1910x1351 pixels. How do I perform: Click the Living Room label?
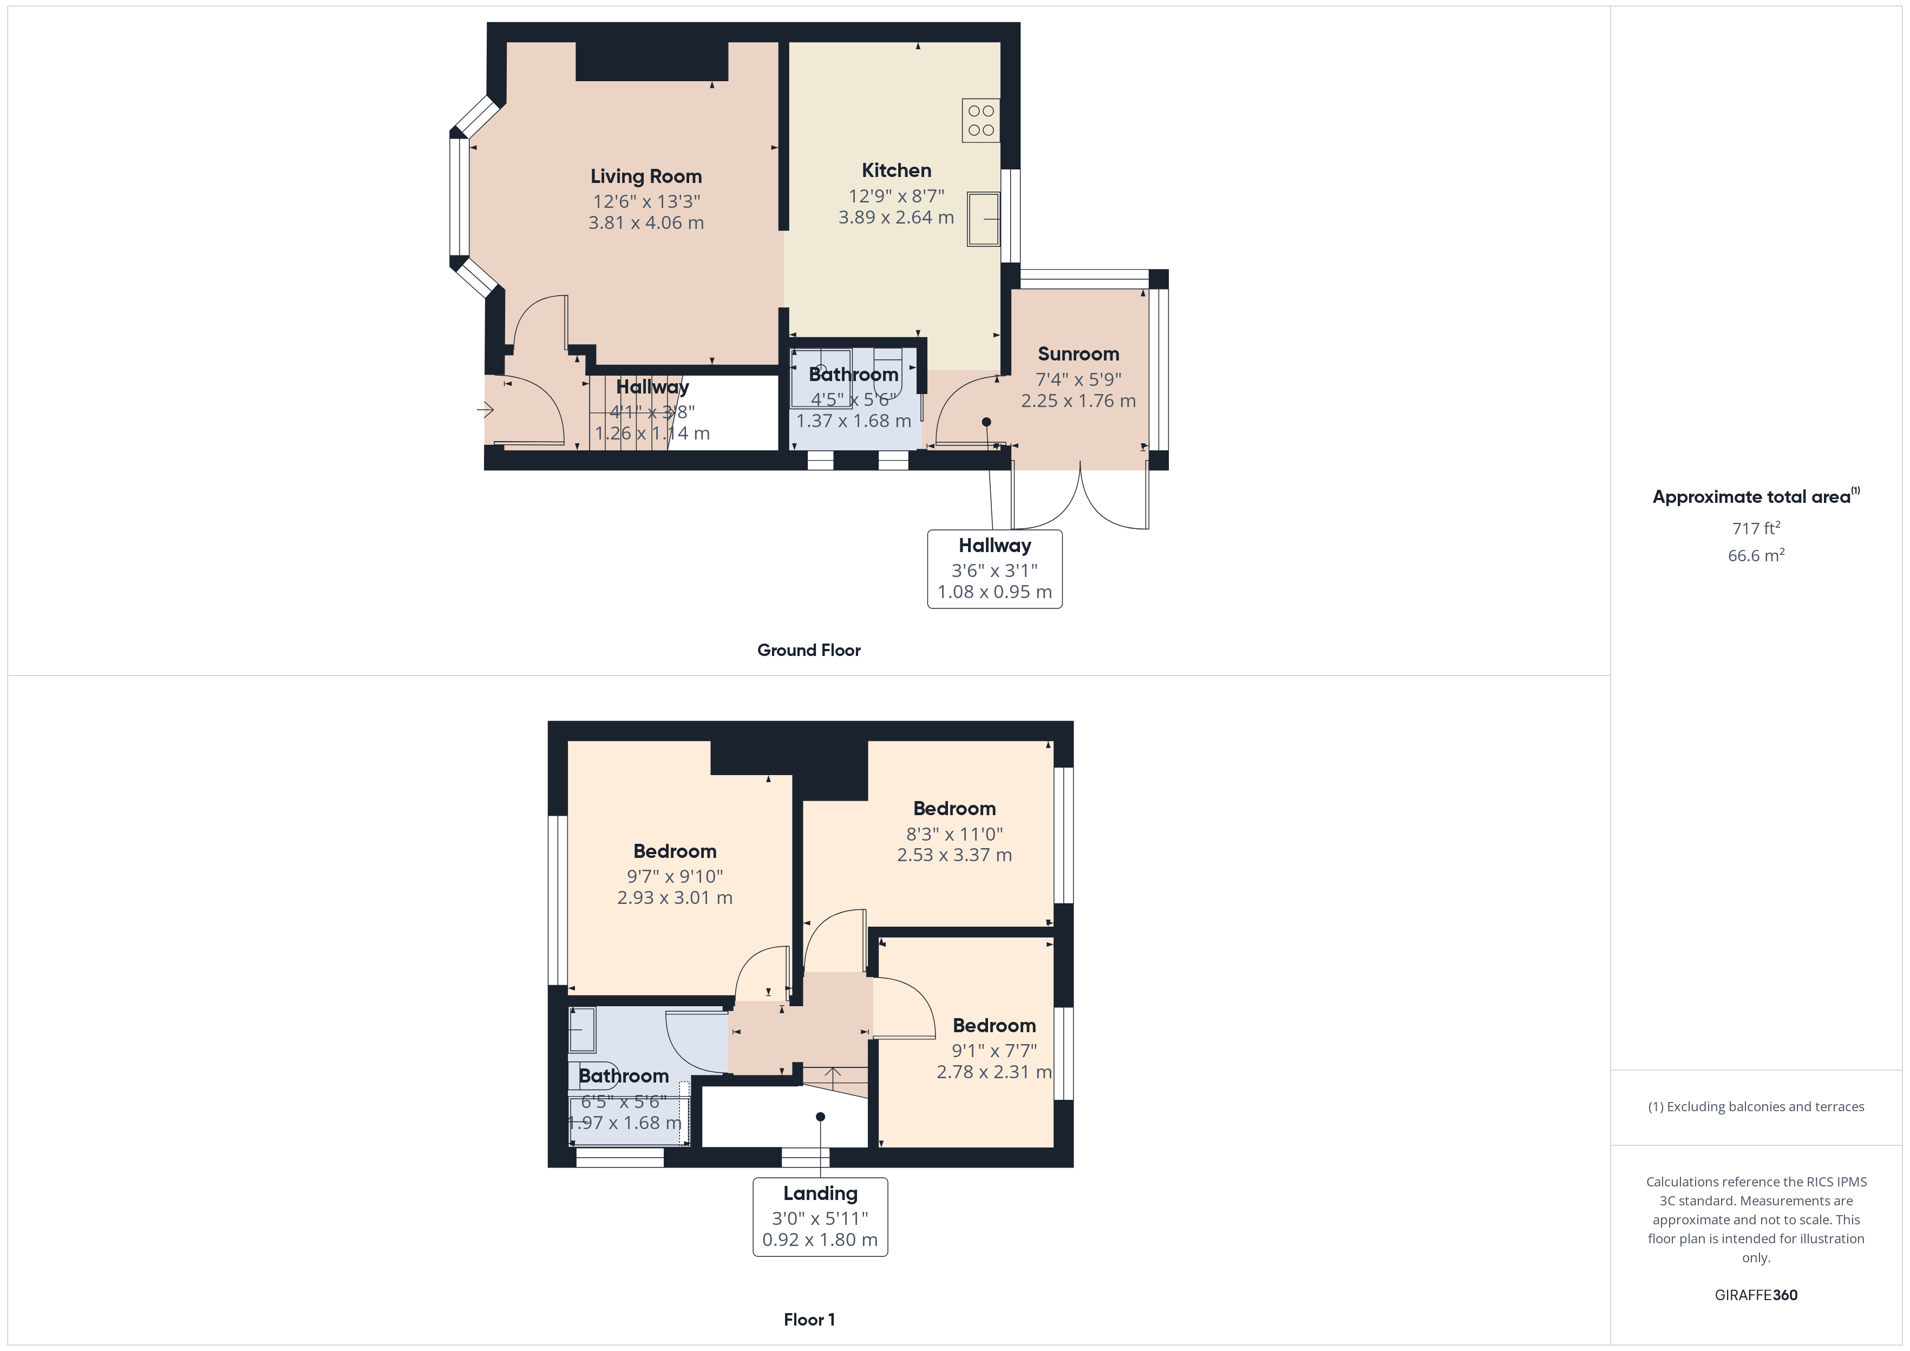click(x=645, y=176)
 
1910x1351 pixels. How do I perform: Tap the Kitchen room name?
click(x=896, y=170)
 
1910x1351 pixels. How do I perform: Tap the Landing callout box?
click(x=820, y=1216)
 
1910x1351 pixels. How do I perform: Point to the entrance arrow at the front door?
click(x=486, y=409)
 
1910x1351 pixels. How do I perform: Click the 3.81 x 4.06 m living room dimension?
click(x=645, y=223)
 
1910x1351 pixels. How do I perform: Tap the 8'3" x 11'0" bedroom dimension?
click(x=954, y=834)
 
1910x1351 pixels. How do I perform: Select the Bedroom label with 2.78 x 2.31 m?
click(x=994, y=1026)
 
